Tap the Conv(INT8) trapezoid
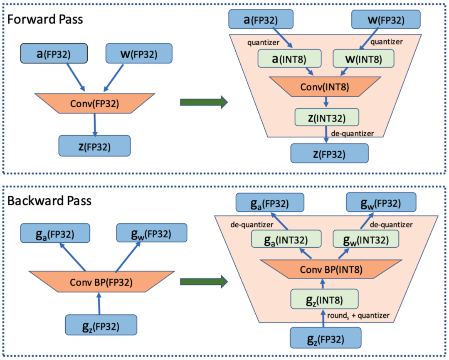325,87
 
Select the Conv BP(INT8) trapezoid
325,270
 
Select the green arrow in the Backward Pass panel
204,282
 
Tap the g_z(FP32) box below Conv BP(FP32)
101,325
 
